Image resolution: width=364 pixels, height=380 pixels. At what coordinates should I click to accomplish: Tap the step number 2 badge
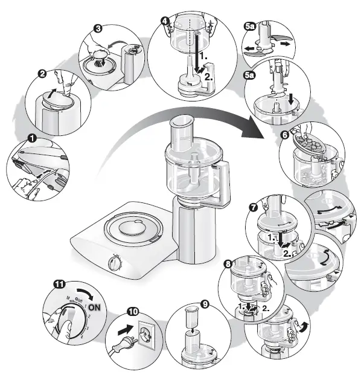[x=43, y=74]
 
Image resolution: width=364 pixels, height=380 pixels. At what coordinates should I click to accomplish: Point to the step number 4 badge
[x=164, y=19]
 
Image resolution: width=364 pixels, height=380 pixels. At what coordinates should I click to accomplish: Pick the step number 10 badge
[x=133, y=312]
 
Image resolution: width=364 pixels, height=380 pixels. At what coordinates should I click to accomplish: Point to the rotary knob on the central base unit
[x=114, y=264]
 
